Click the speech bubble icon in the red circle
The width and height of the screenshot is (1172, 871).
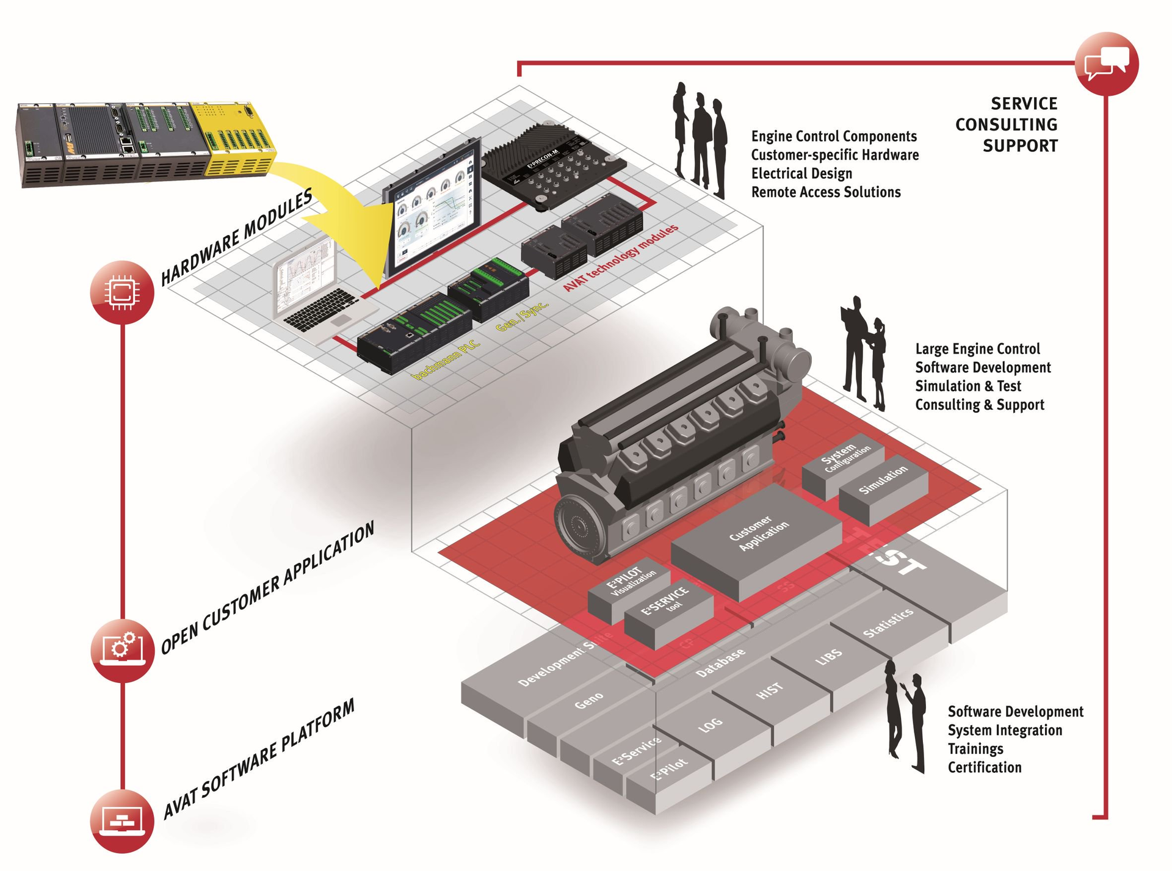pos(1106,63)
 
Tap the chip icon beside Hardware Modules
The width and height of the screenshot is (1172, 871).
pos(121,292)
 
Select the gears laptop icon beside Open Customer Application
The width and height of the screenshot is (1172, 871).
pos(121,649)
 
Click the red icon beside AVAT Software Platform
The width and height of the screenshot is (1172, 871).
pos(121,820)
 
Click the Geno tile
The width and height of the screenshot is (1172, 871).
pos(589,700)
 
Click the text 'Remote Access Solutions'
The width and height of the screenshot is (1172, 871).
pos(825,192)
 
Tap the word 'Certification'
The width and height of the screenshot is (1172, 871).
pos(984,767)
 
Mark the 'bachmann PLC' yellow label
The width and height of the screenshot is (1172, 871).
pos(446,360)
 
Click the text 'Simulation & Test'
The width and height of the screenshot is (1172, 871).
pos(968,386)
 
